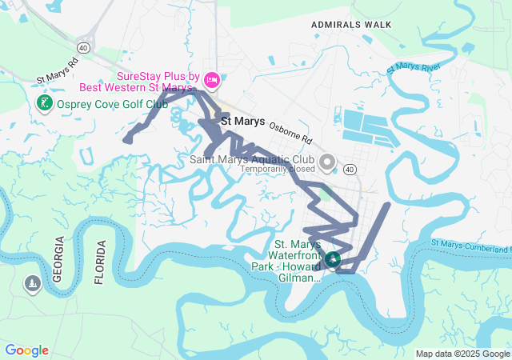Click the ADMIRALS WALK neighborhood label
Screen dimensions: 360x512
(x=352, y=25)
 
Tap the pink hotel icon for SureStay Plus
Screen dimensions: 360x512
(x=212, y=79)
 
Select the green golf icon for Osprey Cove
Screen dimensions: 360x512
(x=45, y=103)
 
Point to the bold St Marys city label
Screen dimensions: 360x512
(x=242, y=121)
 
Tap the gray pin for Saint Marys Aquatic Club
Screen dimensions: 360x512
(x=326, y=163)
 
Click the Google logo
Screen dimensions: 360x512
(x=26, y=350)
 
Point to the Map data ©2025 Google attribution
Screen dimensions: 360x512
(x=462, y=354)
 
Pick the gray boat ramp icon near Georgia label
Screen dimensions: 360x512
(x=32, y=284)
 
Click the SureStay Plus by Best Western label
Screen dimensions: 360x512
(x=157, y=80)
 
